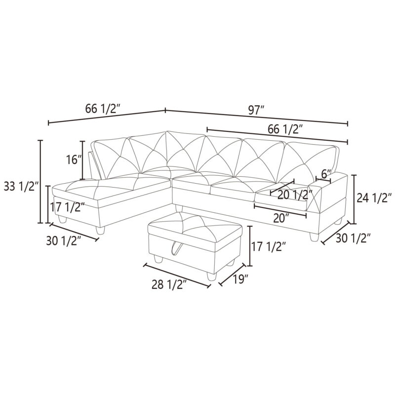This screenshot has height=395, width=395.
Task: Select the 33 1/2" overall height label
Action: pos(21,187)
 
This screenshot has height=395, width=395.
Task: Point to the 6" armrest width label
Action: pos(325,174)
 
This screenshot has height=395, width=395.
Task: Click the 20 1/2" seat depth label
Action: pos(295,195)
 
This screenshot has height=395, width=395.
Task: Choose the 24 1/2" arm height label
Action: pos(374,198)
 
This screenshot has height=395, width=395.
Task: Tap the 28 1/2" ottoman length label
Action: pos(169,285)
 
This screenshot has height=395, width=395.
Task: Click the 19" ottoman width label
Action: pos(240,279)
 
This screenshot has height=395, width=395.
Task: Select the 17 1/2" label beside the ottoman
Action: pos(269,246)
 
